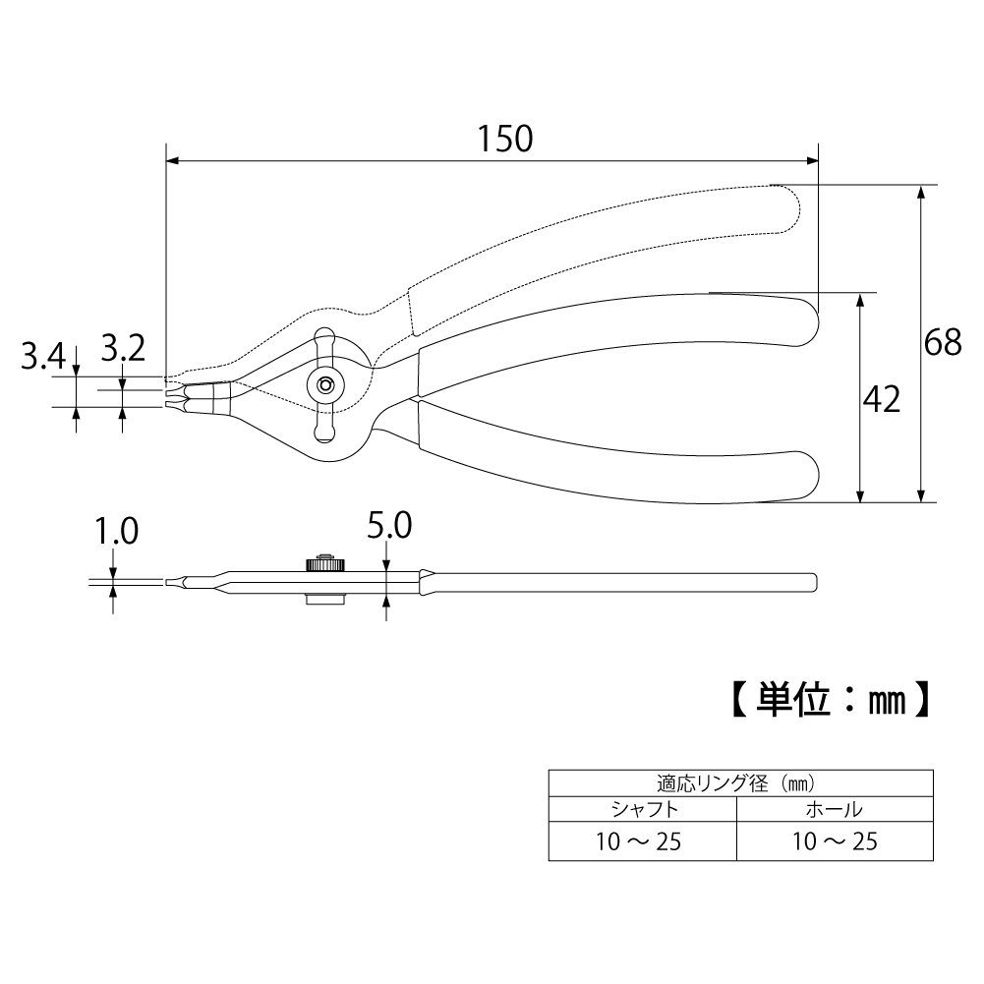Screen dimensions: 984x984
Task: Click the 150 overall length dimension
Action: tap(505, 139)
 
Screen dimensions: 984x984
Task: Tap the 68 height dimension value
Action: tap(943, 342)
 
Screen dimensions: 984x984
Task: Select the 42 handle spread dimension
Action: tap(881, 398)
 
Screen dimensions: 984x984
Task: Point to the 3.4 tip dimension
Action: tap(42, 355)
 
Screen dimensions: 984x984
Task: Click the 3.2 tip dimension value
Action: tap(123, 347)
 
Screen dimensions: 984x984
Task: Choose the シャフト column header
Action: tap(643, 811)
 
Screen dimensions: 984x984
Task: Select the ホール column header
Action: tap(833, 811)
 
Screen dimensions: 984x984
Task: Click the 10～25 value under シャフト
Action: tap(643, 841)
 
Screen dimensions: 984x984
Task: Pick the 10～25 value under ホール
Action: tap(833, 841)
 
